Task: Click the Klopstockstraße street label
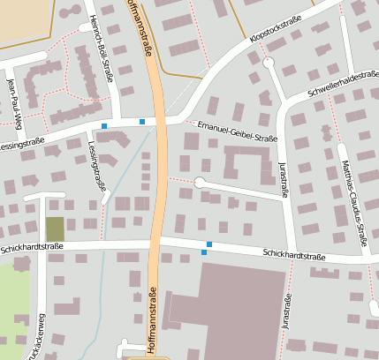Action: [x=284, y=31]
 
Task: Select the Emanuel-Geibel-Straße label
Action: [x=238, y=131]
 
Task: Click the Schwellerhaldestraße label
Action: [x=342, y=84]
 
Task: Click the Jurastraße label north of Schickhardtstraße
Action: [x=284, y=180]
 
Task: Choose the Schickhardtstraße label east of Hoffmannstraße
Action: [x=294, y=256]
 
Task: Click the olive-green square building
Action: [x=55, y=229]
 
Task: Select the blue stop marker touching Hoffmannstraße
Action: [x=142, y=121]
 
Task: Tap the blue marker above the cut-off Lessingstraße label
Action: [x=104, y=126]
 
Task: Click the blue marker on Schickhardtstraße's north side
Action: [x=209, y=244]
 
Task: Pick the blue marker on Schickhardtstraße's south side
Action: [x=204, y=253]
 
